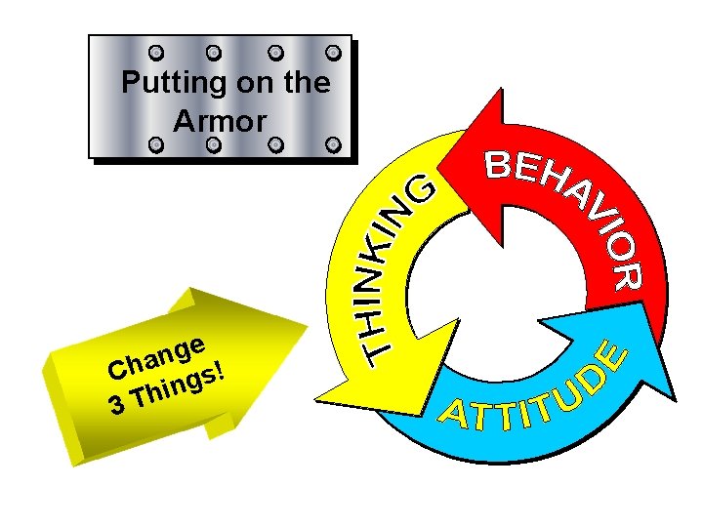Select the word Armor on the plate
tap(220, 121)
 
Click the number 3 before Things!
tap(116, 403)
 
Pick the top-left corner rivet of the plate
tap(154, 52)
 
